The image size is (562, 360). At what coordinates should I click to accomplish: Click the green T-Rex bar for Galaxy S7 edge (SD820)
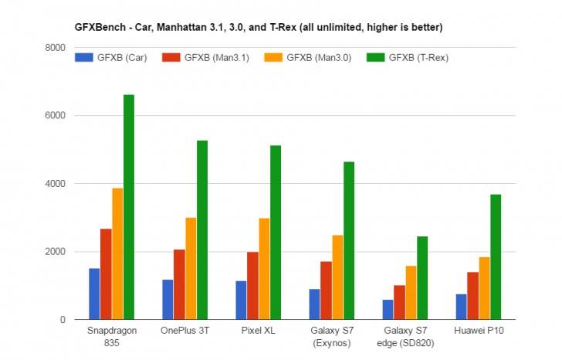pyautogui.click(x=422, y=278)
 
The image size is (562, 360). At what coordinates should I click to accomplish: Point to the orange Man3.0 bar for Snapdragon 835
pyautogui.click(x=117, y=254)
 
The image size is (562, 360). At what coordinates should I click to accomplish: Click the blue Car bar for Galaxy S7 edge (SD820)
pyautogui.click(x=388, y=310)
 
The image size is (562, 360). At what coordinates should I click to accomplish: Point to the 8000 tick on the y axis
pyautogui.click(x=55, y=48)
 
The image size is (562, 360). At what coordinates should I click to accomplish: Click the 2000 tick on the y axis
pyautogui.click(x=55, y=252)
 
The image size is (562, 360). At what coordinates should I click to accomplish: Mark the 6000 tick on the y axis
pyautogui.click(x=55, y=116)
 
